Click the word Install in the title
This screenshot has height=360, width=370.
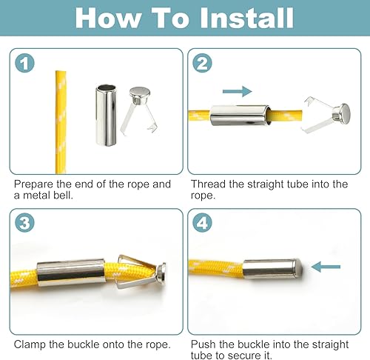click(x=247, y=18)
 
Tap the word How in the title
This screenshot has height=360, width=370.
click(x=108, y=18)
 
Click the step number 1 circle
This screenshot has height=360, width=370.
click(x=24, y=63)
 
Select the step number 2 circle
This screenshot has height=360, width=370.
click(x=202, y=63)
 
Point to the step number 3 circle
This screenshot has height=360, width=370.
click(x=24, y=223)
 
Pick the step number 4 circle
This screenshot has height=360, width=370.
click(x=202, y=223)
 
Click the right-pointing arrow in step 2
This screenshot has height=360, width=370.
click(x=238, y=91)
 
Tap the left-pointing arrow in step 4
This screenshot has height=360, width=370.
click(x=326, y=267)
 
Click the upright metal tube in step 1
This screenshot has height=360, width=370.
click(x=106, y=115)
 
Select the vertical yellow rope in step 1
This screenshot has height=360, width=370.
click(x=61, y=122)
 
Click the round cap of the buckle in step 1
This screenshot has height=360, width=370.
click(x=140, y=93)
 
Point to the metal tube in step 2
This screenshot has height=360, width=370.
click(x=240, y=116)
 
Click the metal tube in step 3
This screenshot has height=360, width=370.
click(x=72, y=272)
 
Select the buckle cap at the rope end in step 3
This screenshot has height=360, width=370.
click(x=161, y=274)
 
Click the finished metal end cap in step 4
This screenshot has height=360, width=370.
click(x=272, y=269)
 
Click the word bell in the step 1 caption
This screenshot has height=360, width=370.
click(x=62, y=196)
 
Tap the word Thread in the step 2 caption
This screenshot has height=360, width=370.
click(x=209, y=184)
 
